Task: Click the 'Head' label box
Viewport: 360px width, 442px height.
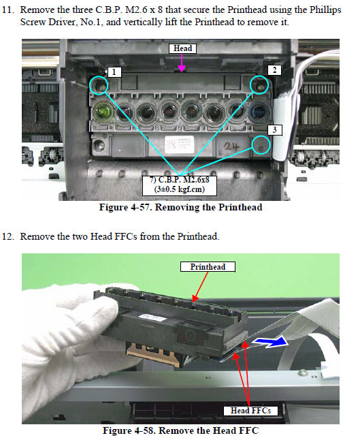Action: point(182,48)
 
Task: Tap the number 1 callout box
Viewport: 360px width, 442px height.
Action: point(115,71)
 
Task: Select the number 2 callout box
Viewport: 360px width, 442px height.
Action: point(274,70)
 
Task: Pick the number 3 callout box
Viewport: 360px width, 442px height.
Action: point(274,129)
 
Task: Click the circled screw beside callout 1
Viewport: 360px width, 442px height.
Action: point(99,85)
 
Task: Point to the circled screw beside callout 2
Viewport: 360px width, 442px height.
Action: point(259,84)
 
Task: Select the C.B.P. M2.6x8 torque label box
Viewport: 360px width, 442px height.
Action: point(180,184)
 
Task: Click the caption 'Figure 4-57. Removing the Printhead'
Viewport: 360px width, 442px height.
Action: point(182,208)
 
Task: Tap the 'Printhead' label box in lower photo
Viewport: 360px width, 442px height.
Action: point(208,266)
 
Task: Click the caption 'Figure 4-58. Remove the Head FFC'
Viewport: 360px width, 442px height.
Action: point(181,430)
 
